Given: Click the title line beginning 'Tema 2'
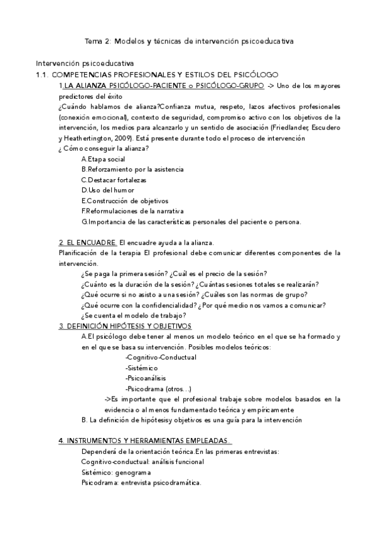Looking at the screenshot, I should click(189, 41).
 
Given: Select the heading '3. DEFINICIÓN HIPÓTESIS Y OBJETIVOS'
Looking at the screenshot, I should click(125, 326).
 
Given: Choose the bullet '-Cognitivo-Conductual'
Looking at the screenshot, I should click(161, 357).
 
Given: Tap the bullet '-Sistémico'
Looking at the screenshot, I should click(141, 368).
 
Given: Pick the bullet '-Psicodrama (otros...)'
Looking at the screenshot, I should click(158, 388).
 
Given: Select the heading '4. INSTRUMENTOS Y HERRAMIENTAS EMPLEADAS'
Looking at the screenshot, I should click(144, 441).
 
